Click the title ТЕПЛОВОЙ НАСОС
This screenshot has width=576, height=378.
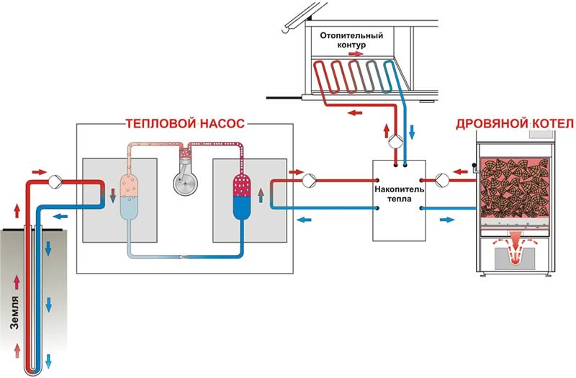186,125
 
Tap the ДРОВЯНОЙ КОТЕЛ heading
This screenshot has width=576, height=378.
510,125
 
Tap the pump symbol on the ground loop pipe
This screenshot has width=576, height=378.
53,179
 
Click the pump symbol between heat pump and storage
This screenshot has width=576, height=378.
309,179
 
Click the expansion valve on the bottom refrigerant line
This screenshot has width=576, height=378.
185,256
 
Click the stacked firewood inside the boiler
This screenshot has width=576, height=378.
514,184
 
